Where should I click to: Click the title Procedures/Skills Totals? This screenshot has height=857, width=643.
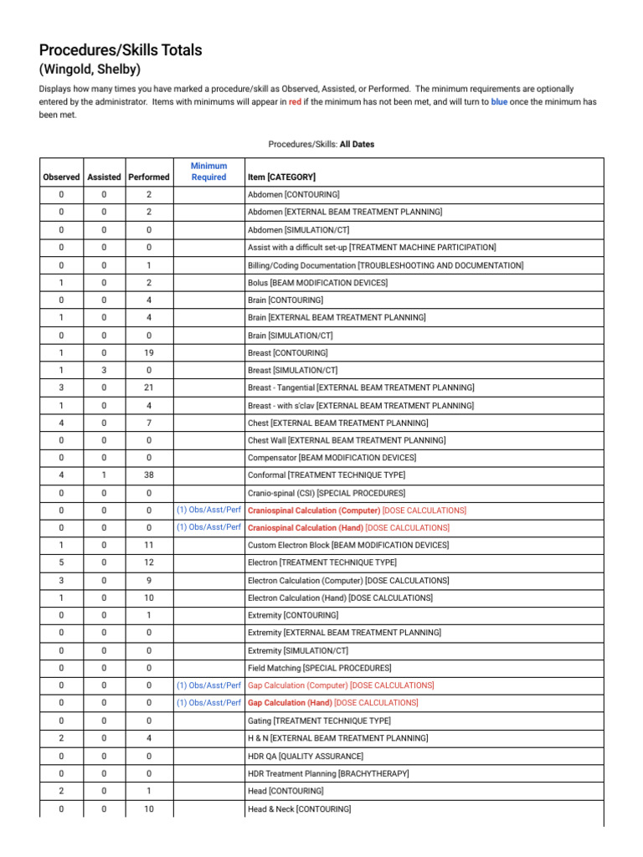click(121, 50)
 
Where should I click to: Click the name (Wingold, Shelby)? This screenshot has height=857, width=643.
click(90, 69)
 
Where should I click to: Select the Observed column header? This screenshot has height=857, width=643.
click(61, 177)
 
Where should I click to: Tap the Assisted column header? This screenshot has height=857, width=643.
click(104, 177)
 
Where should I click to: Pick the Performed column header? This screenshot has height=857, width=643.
click(148, 177)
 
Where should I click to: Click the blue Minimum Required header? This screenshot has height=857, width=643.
click(208, 172)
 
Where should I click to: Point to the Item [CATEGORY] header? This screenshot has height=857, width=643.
click(281, 177)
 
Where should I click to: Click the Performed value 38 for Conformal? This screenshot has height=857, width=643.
click(148, 475)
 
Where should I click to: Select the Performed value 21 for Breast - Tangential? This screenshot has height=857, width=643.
click(148, 387)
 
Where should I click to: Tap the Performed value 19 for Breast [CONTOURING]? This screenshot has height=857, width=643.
click(148, 353)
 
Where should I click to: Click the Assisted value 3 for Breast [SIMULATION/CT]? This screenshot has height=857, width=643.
click(104, 370)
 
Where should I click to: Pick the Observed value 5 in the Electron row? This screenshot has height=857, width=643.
click(61, 562)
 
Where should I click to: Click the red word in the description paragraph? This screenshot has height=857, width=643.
click(295, 101)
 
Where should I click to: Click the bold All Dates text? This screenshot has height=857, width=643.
click(357, 144)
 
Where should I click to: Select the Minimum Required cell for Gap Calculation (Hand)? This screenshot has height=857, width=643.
click(208, 703)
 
